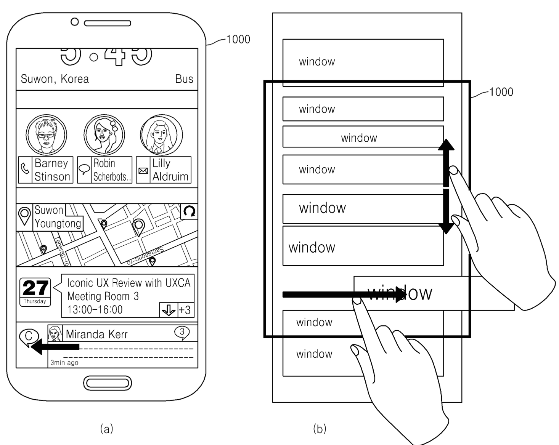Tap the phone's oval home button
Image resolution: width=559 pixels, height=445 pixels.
pos(108,383)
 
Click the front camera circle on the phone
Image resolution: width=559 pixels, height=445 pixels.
pos(75,22)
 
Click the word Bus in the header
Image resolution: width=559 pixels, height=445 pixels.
pos(184,79)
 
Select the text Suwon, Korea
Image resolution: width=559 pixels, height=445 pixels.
pos(55,79)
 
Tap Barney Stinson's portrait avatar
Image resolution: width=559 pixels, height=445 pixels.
pos(47,134)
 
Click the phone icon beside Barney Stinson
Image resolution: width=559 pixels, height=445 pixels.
pos(25,169)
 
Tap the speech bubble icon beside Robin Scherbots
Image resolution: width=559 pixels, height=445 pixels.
pos(84,169)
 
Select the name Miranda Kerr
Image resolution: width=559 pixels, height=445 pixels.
pos(96,335)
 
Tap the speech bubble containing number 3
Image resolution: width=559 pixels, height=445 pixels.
pos(182,332)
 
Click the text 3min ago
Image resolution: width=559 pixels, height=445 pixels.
pos(64,363)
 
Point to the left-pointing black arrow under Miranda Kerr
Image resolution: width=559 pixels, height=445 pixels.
pos(55,347)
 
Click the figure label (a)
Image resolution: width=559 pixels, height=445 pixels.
pos(106,429)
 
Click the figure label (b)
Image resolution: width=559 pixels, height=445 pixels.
pos(320,429)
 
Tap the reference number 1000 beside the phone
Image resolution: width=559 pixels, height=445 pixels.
pos(238,39)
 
